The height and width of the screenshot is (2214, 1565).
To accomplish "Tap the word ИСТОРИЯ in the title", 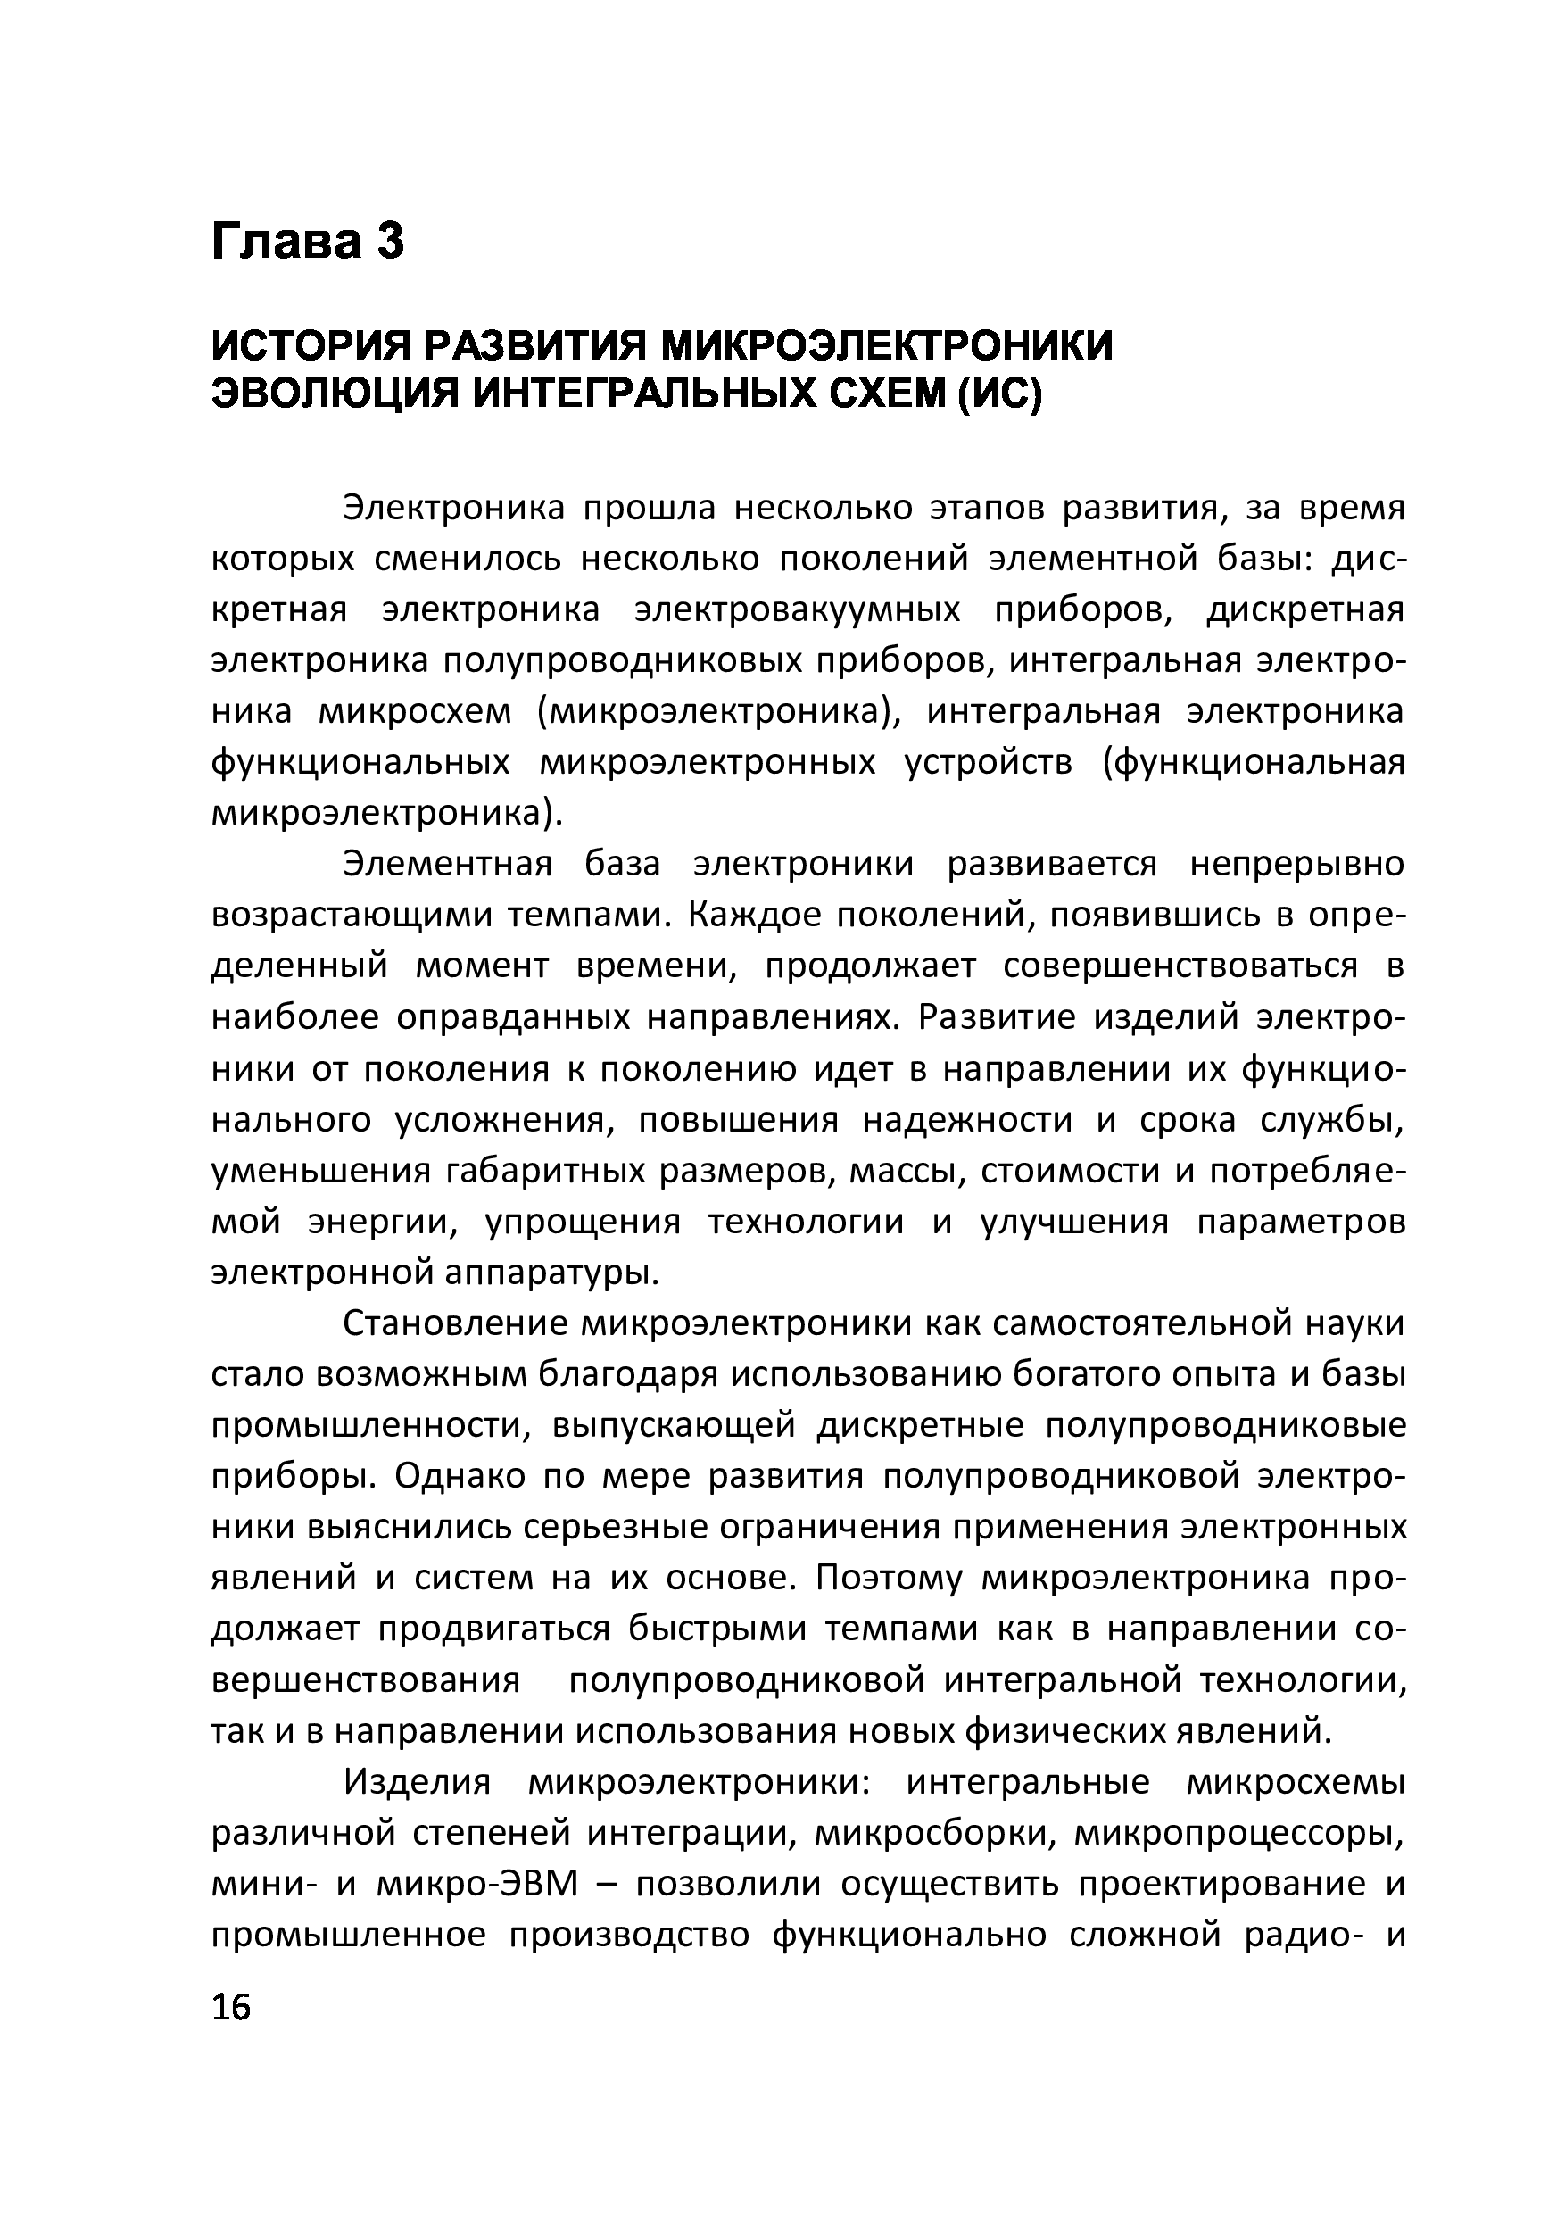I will click(x=309, y=346).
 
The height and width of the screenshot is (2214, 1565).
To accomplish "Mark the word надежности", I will click(x=966, y=1120).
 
